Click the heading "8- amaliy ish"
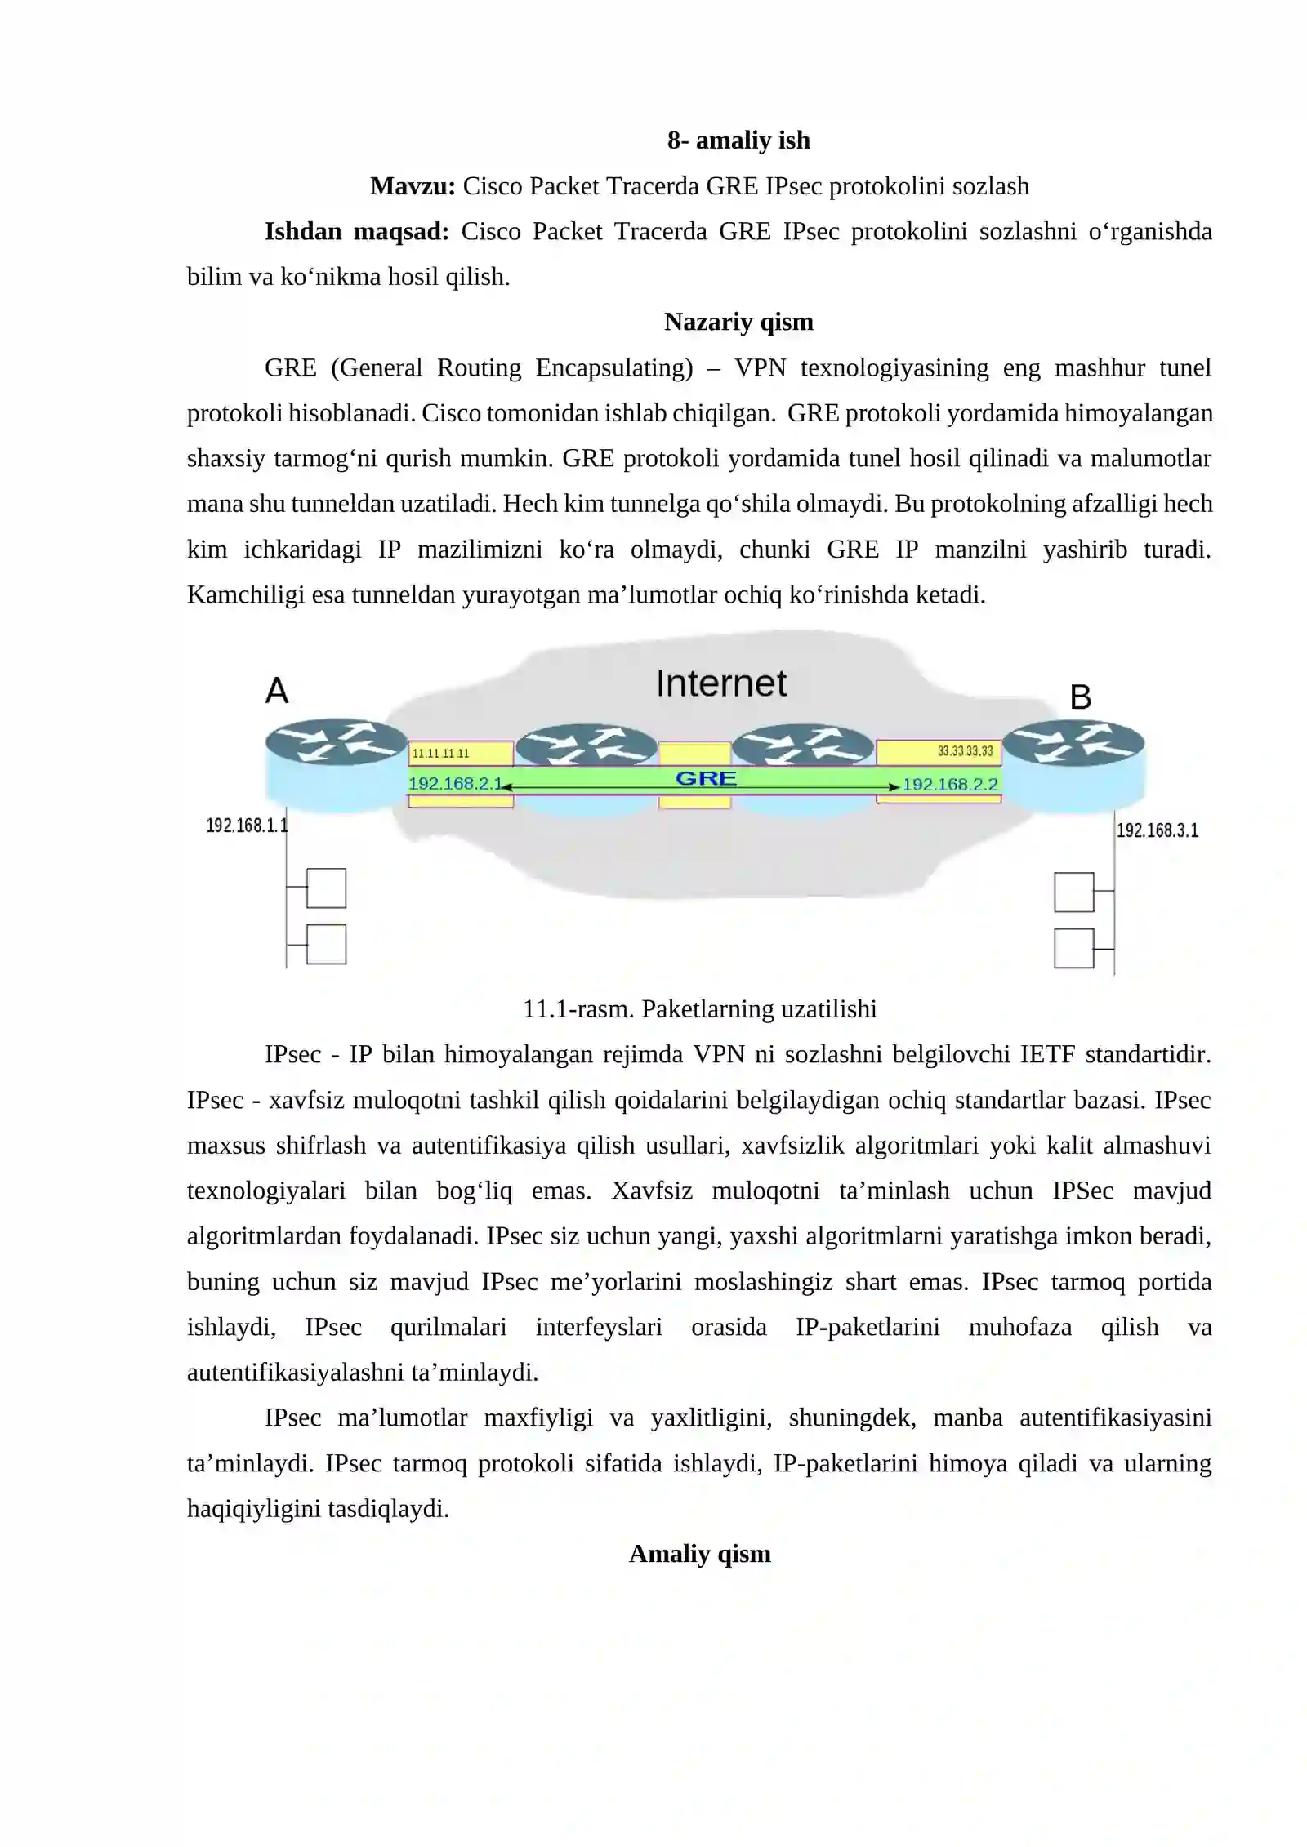point(738,140)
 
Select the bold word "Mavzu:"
point(413,186)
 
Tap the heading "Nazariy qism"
point(738,322)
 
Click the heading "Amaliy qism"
point(699,1554)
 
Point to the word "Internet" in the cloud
point(721,683)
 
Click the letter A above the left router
point(277,691)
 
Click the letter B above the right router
point(1080,697)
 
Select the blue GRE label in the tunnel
point(706,778)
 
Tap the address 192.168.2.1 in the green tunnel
point(454,784)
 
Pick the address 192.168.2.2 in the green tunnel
point(950,785)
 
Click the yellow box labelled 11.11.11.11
point(461,753)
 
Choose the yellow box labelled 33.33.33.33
point(939,751)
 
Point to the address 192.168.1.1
point(247,826)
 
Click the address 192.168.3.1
point(1157,830)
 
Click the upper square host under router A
point(326,888)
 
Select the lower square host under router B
point(1073,948)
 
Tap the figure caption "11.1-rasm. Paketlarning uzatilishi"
point(699,1009)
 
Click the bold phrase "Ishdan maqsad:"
point(356,232)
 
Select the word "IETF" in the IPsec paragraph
point(1046,1055)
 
